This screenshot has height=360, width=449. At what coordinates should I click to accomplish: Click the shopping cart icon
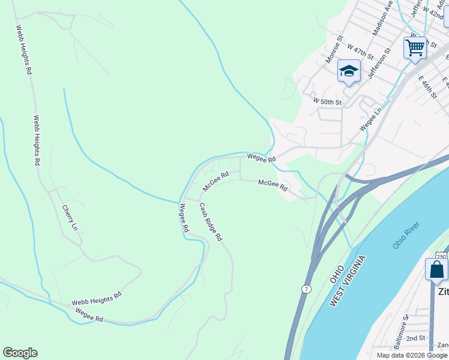[415, 47]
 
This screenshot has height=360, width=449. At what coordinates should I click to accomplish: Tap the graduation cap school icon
[349, 71]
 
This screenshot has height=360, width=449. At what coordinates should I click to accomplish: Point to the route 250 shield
[442, 256]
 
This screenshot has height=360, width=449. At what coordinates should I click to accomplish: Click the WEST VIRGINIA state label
[348, 281]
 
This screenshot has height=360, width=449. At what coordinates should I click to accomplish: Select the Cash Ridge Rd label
[211, 221]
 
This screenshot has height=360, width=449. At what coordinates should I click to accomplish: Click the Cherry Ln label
[70, 218]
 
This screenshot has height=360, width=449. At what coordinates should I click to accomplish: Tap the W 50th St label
[327, 102]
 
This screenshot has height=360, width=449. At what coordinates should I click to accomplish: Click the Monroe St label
[334, 50]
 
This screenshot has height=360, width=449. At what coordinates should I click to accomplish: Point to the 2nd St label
[415, 338]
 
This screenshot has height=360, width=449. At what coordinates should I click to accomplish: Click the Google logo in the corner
[20, 353]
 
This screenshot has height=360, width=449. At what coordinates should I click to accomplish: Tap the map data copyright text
[412, 355]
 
